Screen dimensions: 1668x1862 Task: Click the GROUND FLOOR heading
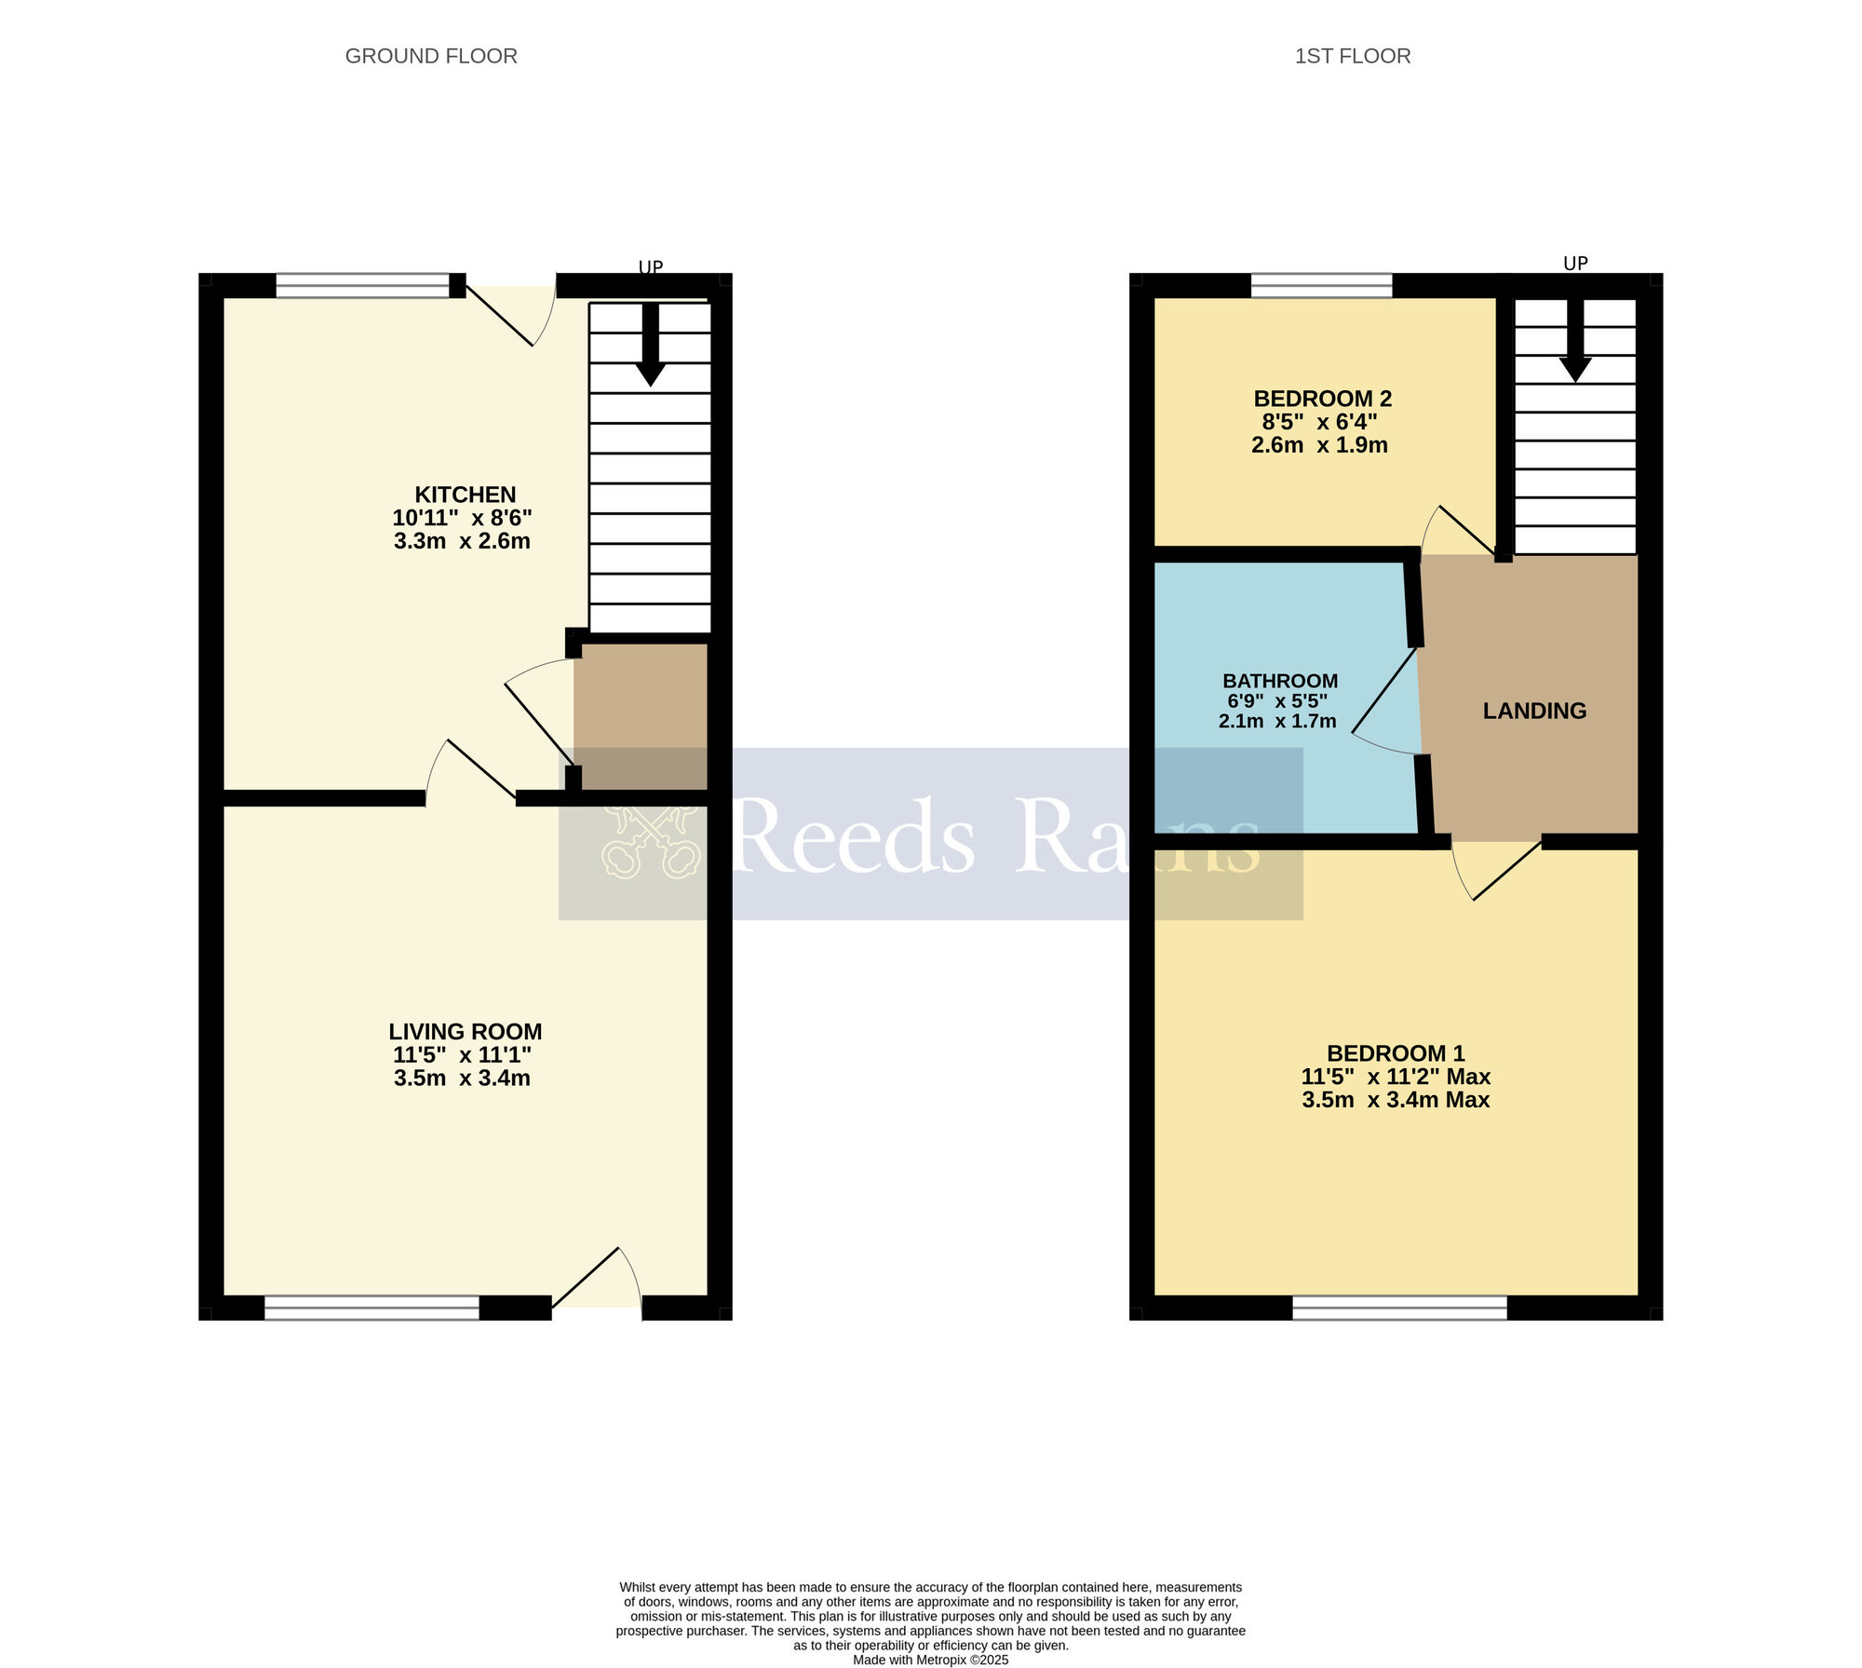[x=431, y=56]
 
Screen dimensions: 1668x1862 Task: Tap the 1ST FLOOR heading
[x=1352, y=56]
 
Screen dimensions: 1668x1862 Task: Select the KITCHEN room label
[x=465, y=495]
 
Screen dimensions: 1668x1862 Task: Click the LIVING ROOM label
[x=465, y=1032]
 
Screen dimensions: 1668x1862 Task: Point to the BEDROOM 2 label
[x=1322, y=399]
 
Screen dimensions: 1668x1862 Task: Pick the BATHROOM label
[x=1280, y=681]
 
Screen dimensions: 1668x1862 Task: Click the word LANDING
[x=1534, y=711]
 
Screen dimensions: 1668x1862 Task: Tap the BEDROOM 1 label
[x=1396, y=1053]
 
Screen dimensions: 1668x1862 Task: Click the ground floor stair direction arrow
[x=650, y=345]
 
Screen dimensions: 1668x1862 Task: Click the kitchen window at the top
[x=362, y=285]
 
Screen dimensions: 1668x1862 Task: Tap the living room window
[x=371, y=1308]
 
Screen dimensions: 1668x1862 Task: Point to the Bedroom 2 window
[x=1321, y=285]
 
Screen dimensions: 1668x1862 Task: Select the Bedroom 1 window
[x=1399, y=1308]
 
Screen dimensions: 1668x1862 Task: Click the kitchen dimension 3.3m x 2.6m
[x=462, y=541]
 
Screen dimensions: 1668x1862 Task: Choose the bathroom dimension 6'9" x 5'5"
[x=1277, y=701]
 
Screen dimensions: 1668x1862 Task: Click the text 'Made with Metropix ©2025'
[x=930, y=1660]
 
